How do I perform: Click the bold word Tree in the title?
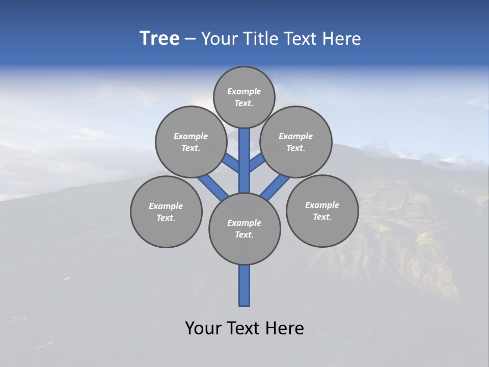(159, 39)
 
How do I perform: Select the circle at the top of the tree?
(244, 97)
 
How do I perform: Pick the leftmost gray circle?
(166, 212)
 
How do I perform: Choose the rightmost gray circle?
(322, 211)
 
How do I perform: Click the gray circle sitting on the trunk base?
(244, 228)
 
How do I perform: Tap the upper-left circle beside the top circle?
(191, 142)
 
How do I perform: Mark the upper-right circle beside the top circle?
(296, 142)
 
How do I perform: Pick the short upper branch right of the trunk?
(257, 163)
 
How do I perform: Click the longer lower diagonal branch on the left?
(213, 188)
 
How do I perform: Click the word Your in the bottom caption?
(203, 328)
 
